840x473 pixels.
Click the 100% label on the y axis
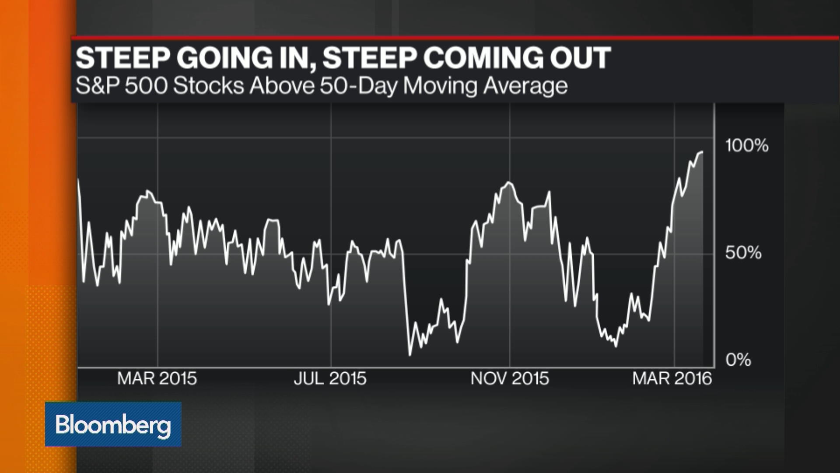746,145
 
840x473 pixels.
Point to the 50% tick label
743,253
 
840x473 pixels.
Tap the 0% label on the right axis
738,360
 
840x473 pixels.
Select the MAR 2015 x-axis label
157,378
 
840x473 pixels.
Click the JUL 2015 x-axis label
330,378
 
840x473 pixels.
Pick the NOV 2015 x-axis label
509,378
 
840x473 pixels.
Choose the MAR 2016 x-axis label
672,378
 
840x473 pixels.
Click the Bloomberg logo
113,424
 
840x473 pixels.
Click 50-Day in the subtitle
358,85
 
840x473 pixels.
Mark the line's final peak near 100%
702,152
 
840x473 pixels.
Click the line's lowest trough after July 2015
410,355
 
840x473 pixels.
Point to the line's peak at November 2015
508,182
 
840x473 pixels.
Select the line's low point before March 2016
616,346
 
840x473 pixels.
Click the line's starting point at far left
79,180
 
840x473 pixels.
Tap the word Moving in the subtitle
440,85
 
